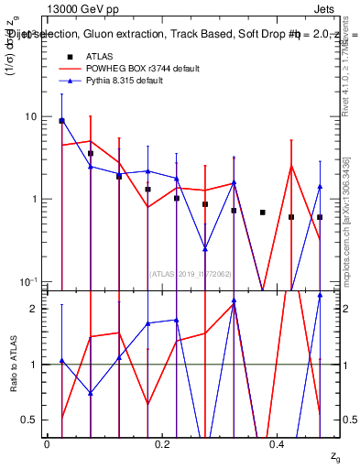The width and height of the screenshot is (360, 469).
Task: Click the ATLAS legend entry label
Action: (x=100, y=56)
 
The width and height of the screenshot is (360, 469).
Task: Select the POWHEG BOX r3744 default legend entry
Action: (x=137, y=69)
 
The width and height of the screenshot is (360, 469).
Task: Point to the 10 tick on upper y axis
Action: (x=31, y=117)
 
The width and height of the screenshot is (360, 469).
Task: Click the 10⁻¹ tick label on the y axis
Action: (x=27, y=281)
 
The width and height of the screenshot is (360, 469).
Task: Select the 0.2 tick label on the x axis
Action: (x=162, y=444)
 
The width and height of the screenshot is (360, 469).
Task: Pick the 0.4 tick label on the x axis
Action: (x=278, y=444)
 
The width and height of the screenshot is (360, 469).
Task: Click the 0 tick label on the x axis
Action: (x=47, y=444)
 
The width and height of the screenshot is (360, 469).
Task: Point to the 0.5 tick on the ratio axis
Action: (x=31, y=420)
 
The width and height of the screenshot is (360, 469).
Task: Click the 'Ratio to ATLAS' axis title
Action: (x=13, y=364)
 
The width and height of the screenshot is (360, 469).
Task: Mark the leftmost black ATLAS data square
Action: (x=61, y=120)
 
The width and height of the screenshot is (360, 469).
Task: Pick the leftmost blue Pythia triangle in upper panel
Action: (x=61, y=120)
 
